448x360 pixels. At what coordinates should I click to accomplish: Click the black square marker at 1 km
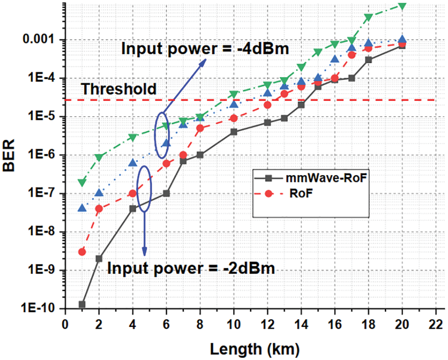(x=82, y=304)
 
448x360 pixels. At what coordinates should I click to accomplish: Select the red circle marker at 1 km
(x=82, y=252)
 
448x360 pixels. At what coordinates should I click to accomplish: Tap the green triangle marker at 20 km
(x=402, y=6)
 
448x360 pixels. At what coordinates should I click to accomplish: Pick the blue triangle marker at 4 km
(x=132, y=163)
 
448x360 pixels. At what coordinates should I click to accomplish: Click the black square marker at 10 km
(x=234, y=132)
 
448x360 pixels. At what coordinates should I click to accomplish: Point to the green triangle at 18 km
(x=368, y=18)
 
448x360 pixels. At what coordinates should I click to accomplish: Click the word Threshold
(x=118, y=89)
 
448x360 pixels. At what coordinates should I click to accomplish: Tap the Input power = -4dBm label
(x=205, y=49)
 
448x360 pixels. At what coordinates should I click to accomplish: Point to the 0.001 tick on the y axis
(x=43, y=40)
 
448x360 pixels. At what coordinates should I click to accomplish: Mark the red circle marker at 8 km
(x=200, y=128)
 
